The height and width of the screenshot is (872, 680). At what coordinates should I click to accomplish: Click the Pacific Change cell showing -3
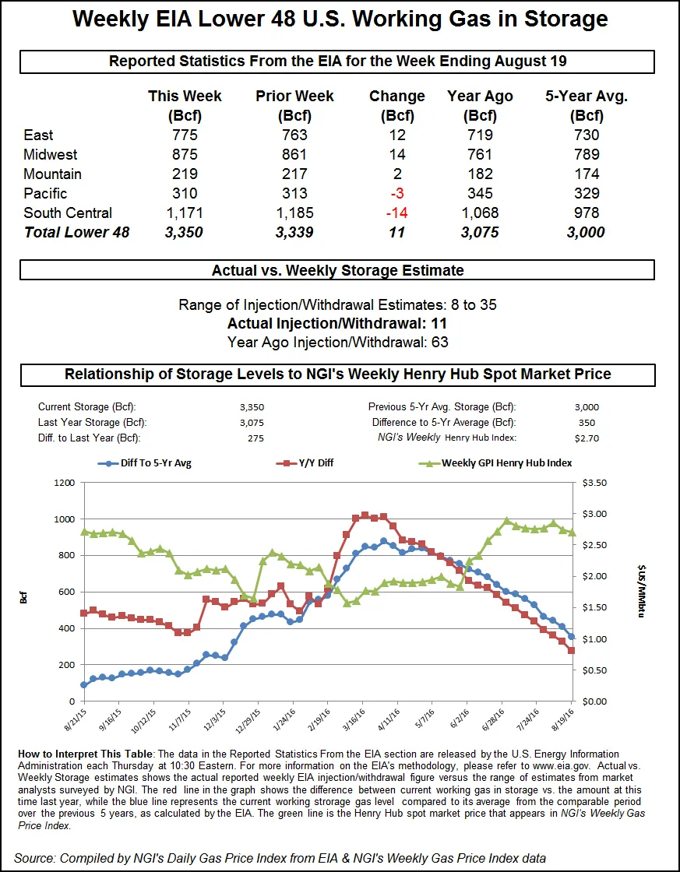pos(396,194)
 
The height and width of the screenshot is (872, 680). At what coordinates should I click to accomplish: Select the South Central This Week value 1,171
pos(185,213)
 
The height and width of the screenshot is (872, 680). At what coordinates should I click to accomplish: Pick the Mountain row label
pos(52,174)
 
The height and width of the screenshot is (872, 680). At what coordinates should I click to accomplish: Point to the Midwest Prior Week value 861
pos(294,155)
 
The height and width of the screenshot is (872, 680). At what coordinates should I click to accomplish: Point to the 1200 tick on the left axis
pos(63,483)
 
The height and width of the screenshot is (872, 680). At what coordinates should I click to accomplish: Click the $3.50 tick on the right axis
pos(595,483)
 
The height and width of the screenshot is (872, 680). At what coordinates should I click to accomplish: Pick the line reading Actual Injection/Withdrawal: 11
pos(337,323)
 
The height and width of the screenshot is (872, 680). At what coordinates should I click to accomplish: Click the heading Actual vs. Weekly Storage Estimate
pos(337,271)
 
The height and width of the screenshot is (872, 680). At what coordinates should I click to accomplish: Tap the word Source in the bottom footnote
pos(34,857)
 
